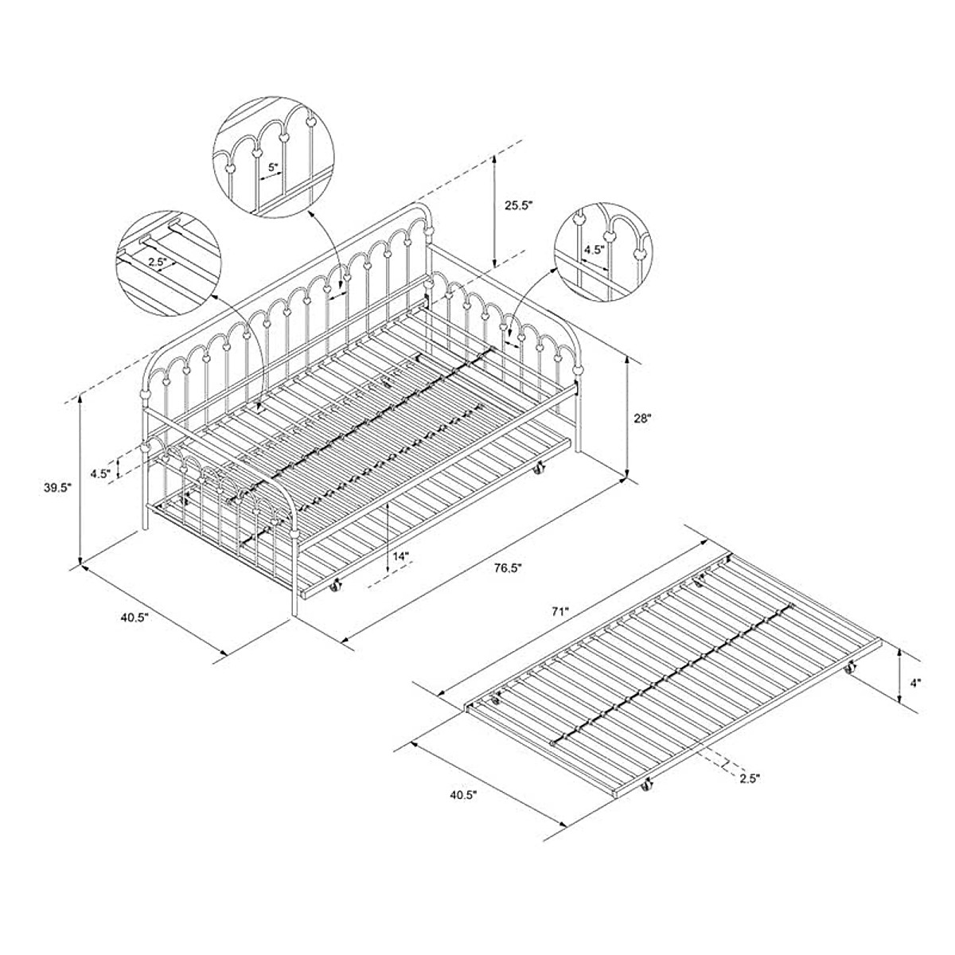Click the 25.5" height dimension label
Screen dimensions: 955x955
[518, 205]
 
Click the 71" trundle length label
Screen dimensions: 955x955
[559, 612]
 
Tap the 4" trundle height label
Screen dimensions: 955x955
[915, 682]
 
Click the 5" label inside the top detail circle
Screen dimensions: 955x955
[274, 167]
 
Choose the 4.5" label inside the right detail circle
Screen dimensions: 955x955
[593, 249]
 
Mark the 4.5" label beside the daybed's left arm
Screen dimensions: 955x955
[99, 473]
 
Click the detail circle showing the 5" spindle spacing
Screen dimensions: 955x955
[270, 159]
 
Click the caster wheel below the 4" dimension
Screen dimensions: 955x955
[849, 671]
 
